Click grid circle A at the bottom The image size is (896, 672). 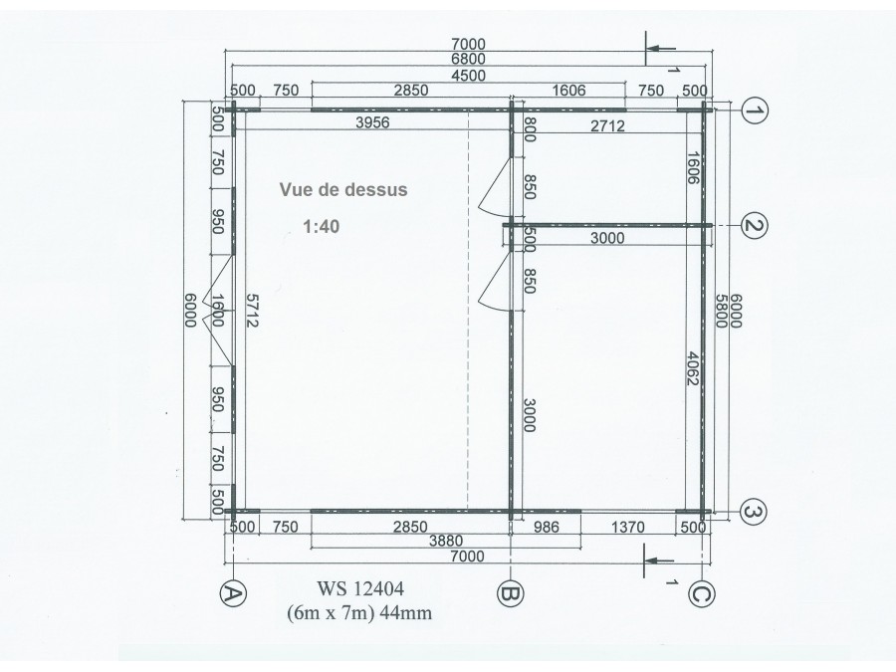click(x=233, y=595)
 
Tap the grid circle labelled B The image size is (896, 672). click(x=511, y=594)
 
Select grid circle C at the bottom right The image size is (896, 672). click(x=702, y=594)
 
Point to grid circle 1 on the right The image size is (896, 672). click(x=755, y=112)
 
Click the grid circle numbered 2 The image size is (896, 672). click(x=755, y=226)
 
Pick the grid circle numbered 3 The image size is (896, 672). click(x=755, y=512)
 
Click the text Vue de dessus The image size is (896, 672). click(x=343, y=190)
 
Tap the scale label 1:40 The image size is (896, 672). click(x=322, y=227)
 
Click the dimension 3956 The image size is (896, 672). click(x=372, y=122)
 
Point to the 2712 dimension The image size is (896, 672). click(x=607, y=125)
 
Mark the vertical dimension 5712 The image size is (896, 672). click(x=252, y=311)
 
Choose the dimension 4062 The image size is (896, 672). click(x=693, y=368)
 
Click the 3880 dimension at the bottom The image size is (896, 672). click(x=446, y=541)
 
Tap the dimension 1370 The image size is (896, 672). click(x=628, y=527)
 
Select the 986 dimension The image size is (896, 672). click(x=547, y=527)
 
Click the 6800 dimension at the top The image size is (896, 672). click(x=468, y=59)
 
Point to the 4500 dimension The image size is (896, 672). click(x=468, y=76)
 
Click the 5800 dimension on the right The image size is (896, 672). click(x=721, y=311)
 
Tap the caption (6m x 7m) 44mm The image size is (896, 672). click(x=359, y=613)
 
